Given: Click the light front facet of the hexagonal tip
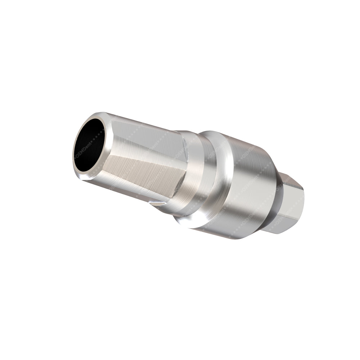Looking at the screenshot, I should click(293, 205).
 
